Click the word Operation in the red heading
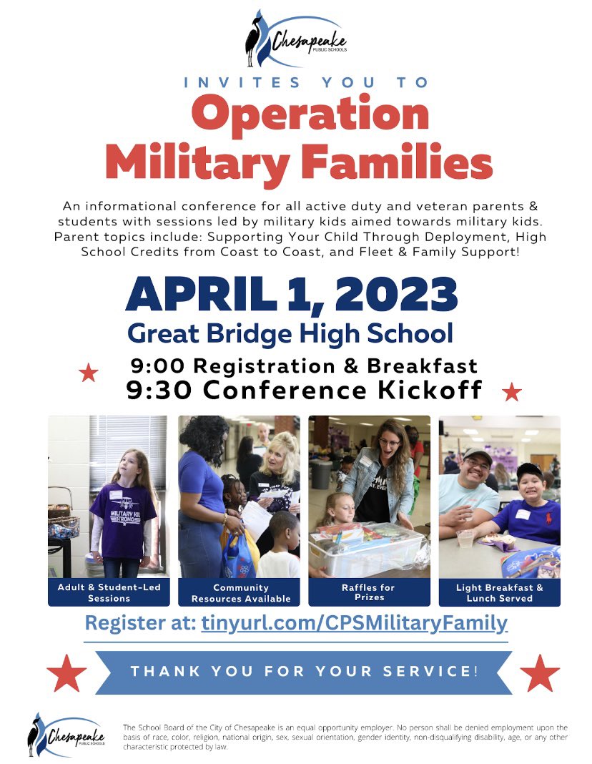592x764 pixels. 310,114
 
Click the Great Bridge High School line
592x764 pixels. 290,333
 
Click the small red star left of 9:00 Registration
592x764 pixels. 89,373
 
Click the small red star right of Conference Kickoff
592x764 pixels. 512,392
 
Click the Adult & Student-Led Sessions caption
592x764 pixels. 109,592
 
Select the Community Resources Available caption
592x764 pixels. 239,592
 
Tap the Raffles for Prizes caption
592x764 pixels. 369,592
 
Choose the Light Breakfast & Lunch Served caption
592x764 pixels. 499,592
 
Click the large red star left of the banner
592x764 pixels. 66,673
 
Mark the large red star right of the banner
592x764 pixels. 540,673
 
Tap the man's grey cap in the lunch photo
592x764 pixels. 477,456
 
